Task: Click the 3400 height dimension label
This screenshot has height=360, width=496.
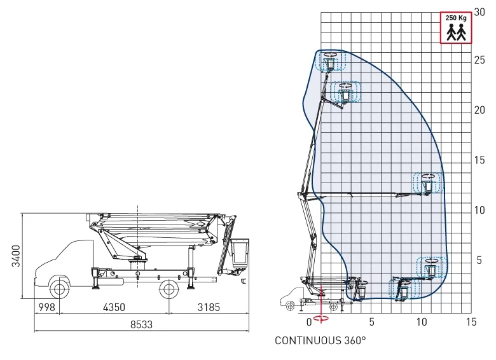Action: pyautogui.click(x=15, y=256)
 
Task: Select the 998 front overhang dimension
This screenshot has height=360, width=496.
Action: pyautogui.click(x=46, y=307)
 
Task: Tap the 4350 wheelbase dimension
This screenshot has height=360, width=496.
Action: pyautogui.click(x=114, y=307)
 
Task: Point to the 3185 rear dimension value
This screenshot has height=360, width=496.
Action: pyautogui.click(x=209, y=307)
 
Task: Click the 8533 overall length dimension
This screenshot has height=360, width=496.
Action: pyautogui.click(x=141, y=324)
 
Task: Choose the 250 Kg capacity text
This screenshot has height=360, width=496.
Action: pyautogui.click(x=456, y=18)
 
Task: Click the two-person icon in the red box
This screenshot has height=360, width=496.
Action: pyautogui.click(x=456, y=32)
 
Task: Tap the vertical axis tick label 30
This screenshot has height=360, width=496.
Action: pyautogui.click(x=479, y=12)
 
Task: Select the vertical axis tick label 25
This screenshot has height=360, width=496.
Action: pyautogui.click(x=479, y=60)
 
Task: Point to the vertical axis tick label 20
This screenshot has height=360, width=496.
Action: pyautogui.click(x=479, y=110)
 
